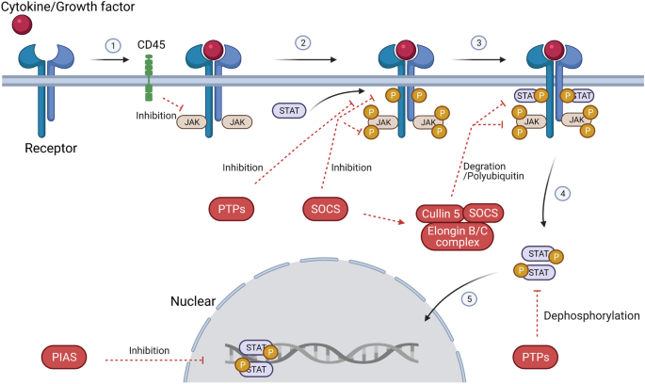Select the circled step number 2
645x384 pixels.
click(x=302, y=43)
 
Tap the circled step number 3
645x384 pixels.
click(x=479, y=43)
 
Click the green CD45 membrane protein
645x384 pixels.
click(x=147, y=78)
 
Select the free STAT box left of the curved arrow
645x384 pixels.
click(x=288, y=111)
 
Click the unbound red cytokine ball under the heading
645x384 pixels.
click(x=21, y=27)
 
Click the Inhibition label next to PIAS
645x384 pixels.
click(x=154, y=350)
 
